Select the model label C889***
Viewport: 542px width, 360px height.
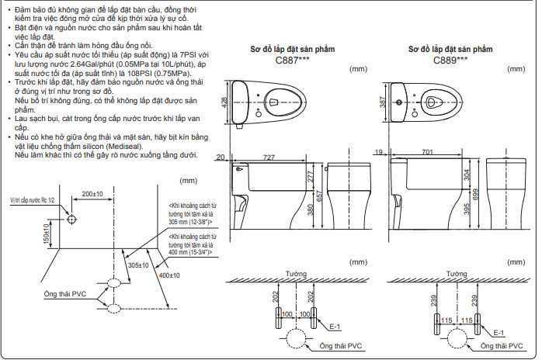coord(450,59)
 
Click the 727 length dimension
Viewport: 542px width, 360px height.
coord(269,157)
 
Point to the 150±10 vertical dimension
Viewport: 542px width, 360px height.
coord(47,241)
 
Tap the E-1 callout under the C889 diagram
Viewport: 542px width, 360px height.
coord(500,331)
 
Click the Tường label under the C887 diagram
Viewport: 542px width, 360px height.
coord(294,275)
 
